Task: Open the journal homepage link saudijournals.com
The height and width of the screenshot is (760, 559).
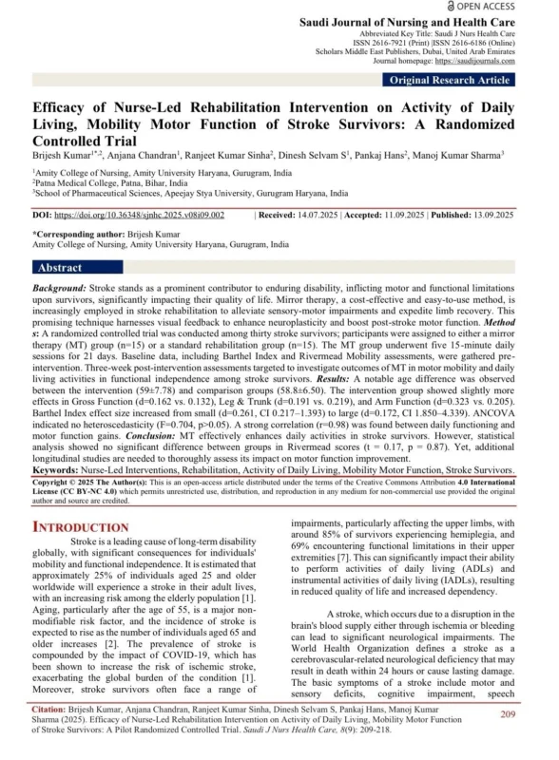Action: (503, 62)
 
